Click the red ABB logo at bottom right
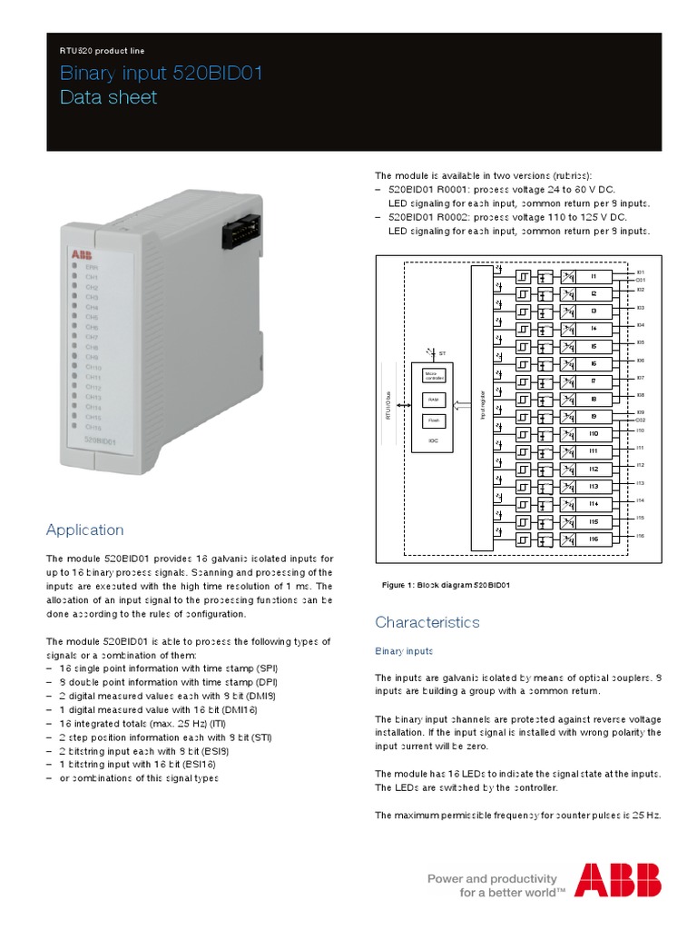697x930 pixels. tap(617, 879)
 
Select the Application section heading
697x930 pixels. tap(84, 529)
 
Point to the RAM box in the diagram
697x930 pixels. tap(433, 399)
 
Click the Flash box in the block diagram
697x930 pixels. tap(433, 420)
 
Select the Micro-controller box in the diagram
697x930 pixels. tap(433, 375)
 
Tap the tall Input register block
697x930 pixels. tap(481, 408)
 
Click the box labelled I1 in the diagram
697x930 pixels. tap(594, 276)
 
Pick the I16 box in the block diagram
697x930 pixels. tap(594, 539)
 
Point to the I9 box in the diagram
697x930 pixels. tap(594, 417)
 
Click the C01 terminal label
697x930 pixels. tap(640, 281)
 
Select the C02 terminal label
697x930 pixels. tap(640, 420)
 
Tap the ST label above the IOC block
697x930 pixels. tap(443, 351)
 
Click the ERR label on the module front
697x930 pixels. tap(92, 267)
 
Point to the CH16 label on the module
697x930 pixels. tap(93, 426)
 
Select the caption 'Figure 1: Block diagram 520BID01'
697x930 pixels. tap(447, 586)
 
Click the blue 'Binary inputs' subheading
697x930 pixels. tap(404, 651)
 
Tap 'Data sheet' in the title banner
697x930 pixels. tap(108, 97)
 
